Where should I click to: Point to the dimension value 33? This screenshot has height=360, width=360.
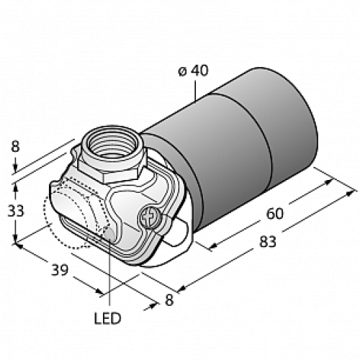(17, 211)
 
